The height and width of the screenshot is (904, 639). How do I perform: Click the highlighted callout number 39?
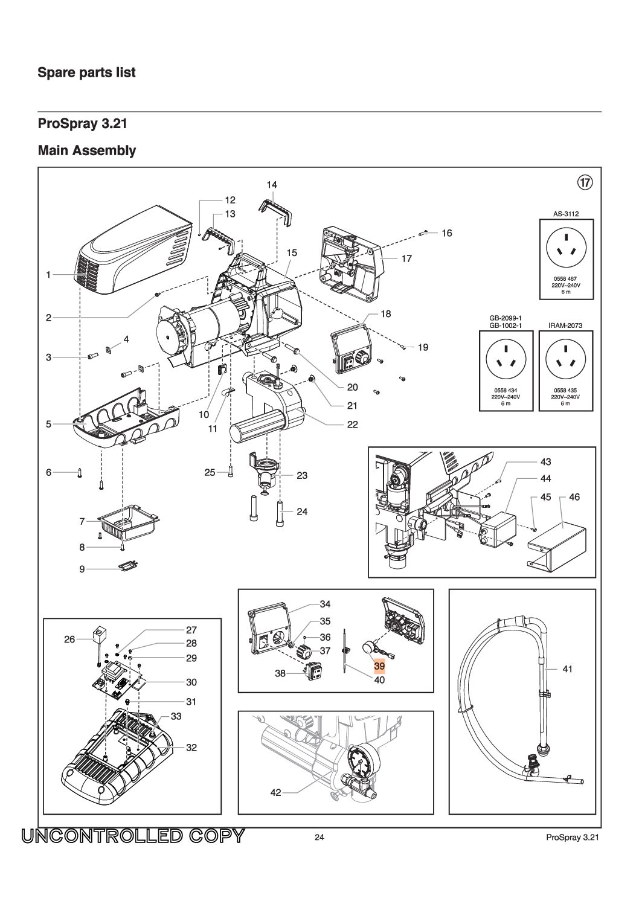(x=379, y=666)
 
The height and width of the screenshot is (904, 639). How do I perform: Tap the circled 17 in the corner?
(x=585, y=182)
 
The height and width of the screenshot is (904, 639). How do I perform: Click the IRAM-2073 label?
(x=565, y=325)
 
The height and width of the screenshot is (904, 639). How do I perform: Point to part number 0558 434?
(x=506, y=390)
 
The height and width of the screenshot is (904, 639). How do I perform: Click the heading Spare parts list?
(x=86, y=72)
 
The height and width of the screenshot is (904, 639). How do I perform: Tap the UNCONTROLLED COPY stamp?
(x=133, y=836)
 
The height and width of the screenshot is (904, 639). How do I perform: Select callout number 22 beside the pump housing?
(x=352, y=425)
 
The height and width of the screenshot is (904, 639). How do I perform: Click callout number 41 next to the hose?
(x=567, y=669)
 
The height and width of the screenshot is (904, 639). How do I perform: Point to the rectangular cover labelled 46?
(x=557, y=545)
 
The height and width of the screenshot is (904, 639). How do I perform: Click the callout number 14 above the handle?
(x=272, y=185)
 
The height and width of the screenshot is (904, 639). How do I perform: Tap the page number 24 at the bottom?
(x=319, y=837)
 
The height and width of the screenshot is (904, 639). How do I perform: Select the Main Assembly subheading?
(x=86, y=150)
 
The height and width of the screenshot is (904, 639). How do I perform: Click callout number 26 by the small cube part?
(x=70, y=639)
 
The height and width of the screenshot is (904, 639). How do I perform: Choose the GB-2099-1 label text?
(x=505, y=318)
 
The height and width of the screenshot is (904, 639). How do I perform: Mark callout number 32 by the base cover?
(x=191, y=748)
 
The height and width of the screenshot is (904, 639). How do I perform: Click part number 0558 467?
(x=565, y=278)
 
